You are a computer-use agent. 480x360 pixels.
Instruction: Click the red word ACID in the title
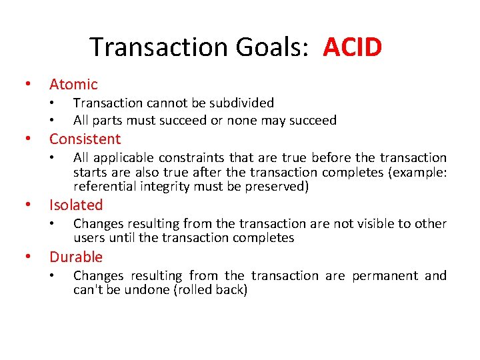(353, 47)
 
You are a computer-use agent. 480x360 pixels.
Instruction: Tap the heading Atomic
(73, 84)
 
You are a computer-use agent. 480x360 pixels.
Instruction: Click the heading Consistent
(85, 139)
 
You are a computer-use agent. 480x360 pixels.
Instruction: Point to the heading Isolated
(76, 205)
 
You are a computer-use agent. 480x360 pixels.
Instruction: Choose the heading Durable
(76, 257)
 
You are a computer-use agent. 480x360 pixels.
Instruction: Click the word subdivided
(242, 103)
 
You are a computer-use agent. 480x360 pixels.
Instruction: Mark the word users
(89, 238)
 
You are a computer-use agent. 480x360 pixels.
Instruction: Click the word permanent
(384, 275)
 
